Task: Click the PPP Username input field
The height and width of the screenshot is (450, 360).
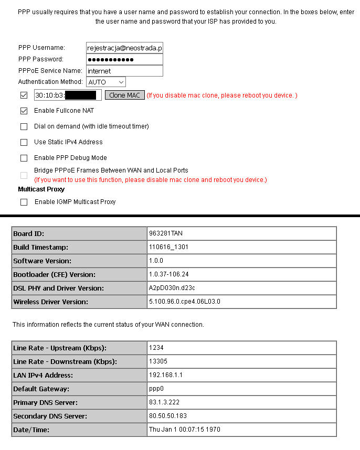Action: (x=124, y=48)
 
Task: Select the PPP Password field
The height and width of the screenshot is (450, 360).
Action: (x=124, y=59)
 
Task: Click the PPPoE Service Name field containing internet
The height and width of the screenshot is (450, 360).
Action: (x=124, y=71)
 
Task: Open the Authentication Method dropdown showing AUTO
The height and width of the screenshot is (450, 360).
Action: (x=105, y=82)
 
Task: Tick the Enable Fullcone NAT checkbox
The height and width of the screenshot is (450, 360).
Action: (x=24, y=111)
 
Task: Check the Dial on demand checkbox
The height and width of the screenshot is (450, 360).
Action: (x=24, y=126)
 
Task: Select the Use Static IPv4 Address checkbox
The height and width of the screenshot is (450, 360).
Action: (x=24, y=142)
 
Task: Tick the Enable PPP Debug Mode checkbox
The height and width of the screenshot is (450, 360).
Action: (x=24, y=158)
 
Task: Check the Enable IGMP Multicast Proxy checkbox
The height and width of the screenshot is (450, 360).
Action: (x=24, y=202)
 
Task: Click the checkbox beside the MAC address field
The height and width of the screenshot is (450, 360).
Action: (x=24, y=95)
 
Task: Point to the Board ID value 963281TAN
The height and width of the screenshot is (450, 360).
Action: (x=166, y=233)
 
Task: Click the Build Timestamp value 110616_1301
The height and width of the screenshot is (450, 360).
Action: (x=167, y=247)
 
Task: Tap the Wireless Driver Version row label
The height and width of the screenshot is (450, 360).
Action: (x=51, y=302)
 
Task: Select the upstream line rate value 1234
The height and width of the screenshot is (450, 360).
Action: (x=156, y=348)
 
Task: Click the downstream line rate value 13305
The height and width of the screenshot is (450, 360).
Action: (x=158, y=361)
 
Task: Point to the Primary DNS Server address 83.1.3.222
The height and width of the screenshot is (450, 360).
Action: (x=164, y=402)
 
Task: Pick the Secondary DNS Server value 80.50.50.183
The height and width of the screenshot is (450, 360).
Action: (x=168, y=416)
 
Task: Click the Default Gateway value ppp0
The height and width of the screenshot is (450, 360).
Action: (x=156, y=389)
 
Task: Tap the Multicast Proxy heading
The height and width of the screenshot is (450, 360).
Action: (x=41, y=189)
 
